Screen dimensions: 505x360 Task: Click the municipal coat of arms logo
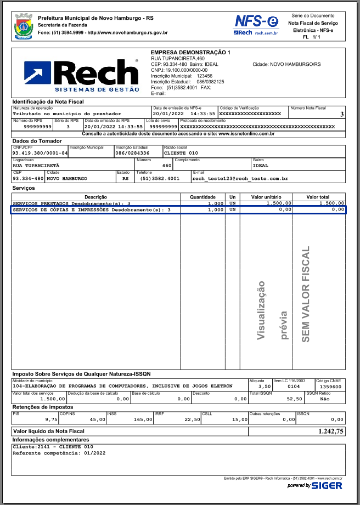point(24,25)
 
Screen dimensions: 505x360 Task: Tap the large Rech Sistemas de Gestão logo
point(81,75)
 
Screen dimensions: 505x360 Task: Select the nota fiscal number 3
point(341,114)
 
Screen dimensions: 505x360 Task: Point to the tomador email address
point(240,178)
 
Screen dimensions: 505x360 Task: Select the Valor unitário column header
point(266,196)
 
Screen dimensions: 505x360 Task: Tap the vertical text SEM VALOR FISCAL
point(306,294)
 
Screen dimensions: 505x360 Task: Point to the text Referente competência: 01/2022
point(59,453)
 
